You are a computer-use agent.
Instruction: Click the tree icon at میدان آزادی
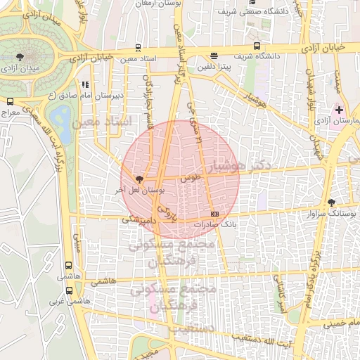[x=19, y=56]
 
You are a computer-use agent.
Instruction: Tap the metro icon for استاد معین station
[x=138, y=49]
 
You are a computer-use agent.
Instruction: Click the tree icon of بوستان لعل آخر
[x=139, y=179]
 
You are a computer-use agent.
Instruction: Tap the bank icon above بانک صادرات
[x=214, y=213]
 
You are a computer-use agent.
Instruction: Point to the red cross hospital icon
[x=340, y=110]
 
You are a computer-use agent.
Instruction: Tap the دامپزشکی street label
[x=138, y=219]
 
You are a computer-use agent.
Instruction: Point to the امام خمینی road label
[x=335, y=323]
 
